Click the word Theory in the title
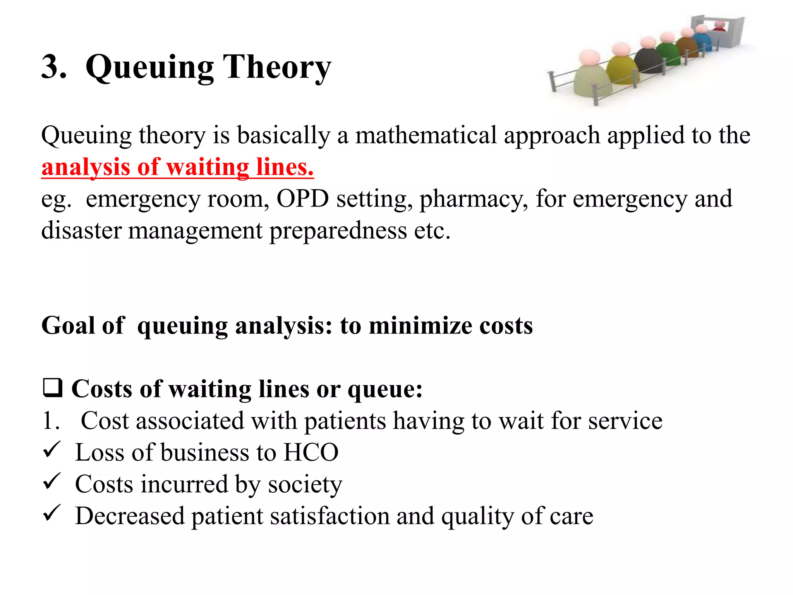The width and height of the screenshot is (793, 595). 277,67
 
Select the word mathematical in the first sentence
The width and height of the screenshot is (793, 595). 426,136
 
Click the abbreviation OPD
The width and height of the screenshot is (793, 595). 302,199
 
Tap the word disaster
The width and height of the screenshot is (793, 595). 82,231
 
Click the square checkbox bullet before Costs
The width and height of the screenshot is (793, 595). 52,388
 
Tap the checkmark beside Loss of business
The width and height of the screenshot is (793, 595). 51,450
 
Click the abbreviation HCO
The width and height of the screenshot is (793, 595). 311,452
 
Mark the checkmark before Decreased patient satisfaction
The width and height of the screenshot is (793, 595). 51,513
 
